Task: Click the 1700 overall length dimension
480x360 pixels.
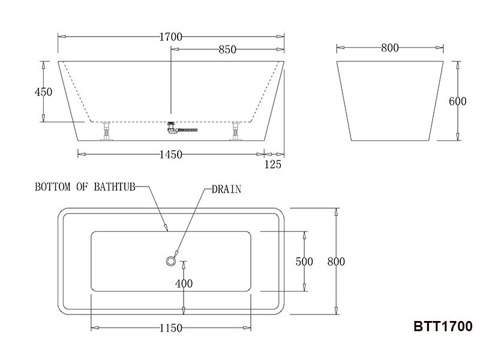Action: point(171,37)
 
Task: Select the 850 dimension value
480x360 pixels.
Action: point(227,50)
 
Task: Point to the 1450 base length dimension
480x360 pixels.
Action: point(171,155)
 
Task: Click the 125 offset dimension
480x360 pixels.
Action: point(272,164)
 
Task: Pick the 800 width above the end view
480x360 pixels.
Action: point(390,49)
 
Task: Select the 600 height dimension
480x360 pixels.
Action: point(458,101)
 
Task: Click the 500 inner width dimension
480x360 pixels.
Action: point(305,262)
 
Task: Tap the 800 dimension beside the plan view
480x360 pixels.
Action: point(336,262)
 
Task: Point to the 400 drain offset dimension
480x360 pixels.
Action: point(184,283)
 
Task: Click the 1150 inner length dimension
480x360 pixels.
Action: point(171,328)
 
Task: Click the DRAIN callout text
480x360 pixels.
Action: point(226,189)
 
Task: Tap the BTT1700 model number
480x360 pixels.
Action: point(443,327)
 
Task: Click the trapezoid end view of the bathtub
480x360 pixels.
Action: point(390,101)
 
